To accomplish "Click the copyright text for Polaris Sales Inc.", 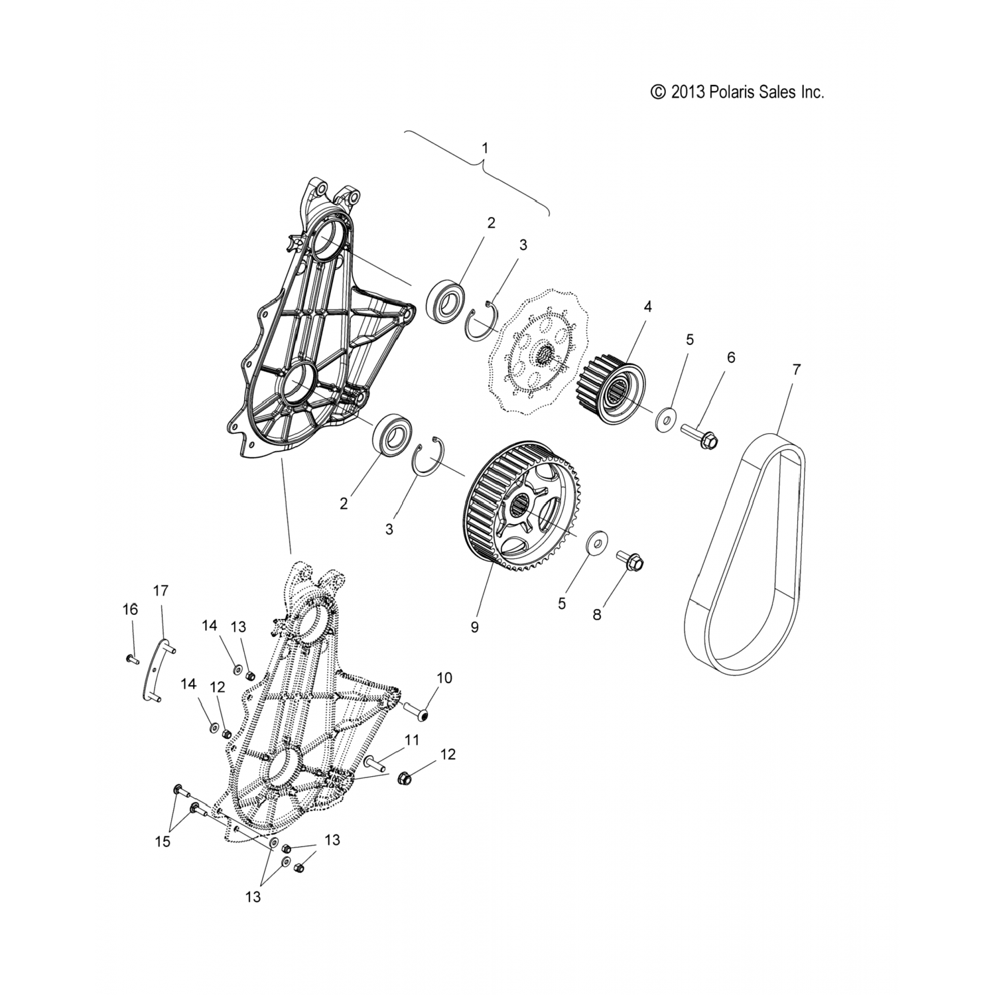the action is [738, 92].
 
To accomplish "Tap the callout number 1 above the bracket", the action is [485, 147].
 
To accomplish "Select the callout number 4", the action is [647, 306].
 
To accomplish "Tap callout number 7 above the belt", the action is [796, 370].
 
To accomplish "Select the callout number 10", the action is [444, 678].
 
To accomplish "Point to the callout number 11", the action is [412, 740].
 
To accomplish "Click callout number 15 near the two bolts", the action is [162, 842].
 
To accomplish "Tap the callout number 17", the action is [161, 590].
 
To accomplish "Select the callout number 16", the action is [130, 609].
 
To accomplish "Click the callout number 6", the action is [731, 358].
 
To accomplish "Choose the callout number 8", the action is [596, 614].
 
